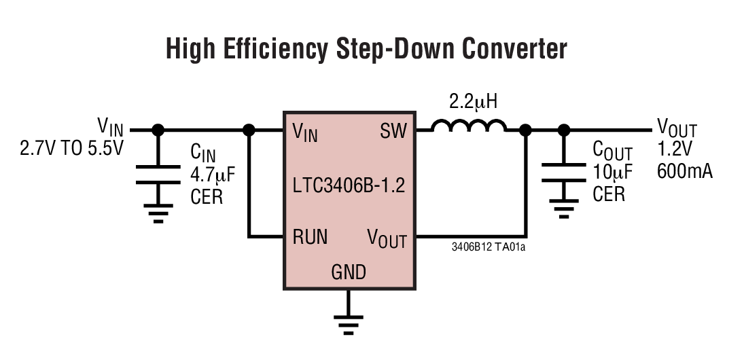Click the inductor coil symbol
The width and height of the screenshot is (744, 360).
pos(469,126)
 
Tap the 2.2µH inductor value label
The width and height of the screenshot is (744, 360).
pos(474,103)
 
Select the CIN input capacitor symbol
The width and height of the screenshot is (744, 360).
pos(158,174)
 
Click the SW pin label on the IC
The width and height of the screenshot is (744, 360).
pos(393,130)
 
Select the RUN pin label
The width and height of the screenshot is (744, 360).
pos(310,237)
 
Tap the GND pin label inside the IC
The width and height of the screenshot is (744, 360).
pos(349,272)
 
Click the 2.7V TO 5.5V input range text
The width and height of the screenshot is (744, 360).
pos(72,147)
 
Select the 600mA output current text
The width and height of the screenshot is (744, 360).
pos(685,171)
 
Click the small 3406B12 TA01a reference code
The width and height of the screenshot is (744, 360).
pos(489,247)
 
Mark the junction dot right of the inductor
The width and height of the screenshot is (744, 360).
pos(525,129)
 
